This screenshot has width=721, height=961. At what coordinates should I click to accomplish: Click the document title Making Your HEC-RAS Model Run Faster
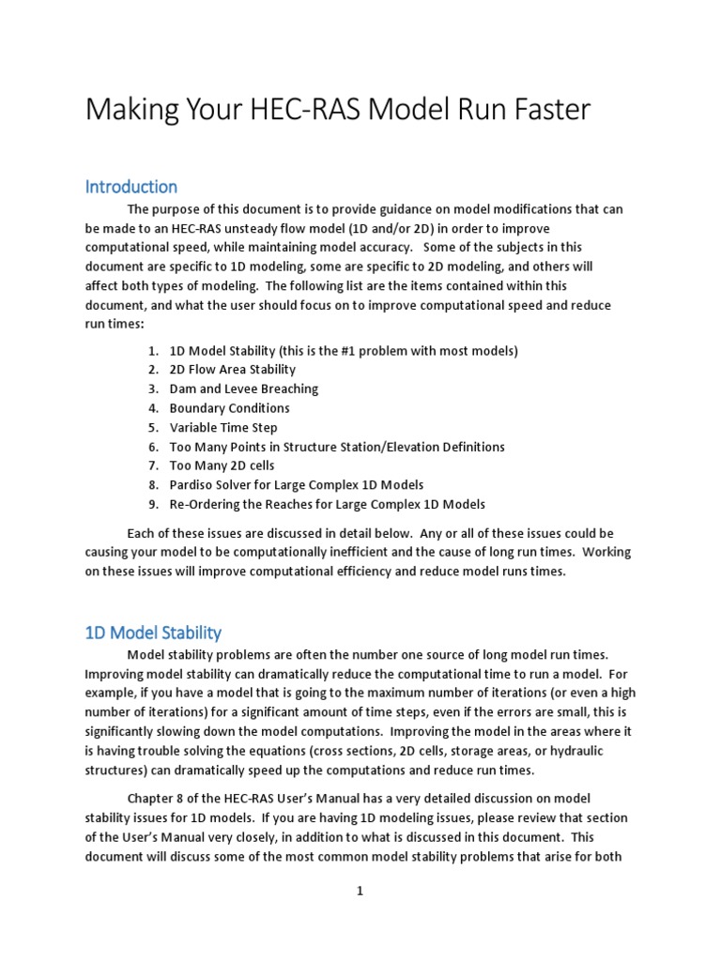[337, 110]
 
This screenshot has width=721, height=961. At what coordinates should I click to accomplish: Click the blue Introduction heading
[130, 186]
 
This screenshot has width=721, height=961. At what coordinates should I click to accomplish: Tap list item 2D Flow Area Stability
[232, 370]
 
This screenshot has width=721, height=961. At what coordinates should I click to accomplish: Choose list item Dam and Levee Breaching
[243, 389]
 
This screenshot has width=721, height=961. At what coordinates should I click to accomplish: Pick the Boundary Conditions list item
[229, 408]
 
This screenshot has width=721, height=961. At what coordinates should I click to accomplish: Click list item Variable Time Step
[222, 428]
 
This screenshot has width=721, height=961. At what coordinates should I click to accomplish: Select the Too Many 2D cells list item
[222, 465]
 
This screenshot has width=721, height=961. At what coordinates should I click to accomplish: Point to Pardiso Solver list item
[296, 485]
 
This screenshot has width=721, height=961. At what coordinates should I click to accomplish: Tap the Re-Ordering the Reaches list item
[327, 504]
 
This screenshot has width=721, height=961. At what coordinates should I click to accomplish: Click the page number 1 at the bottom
[359, 892]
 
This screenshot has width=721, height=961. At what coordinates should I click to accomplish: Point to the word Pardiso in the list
[192, 485]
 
